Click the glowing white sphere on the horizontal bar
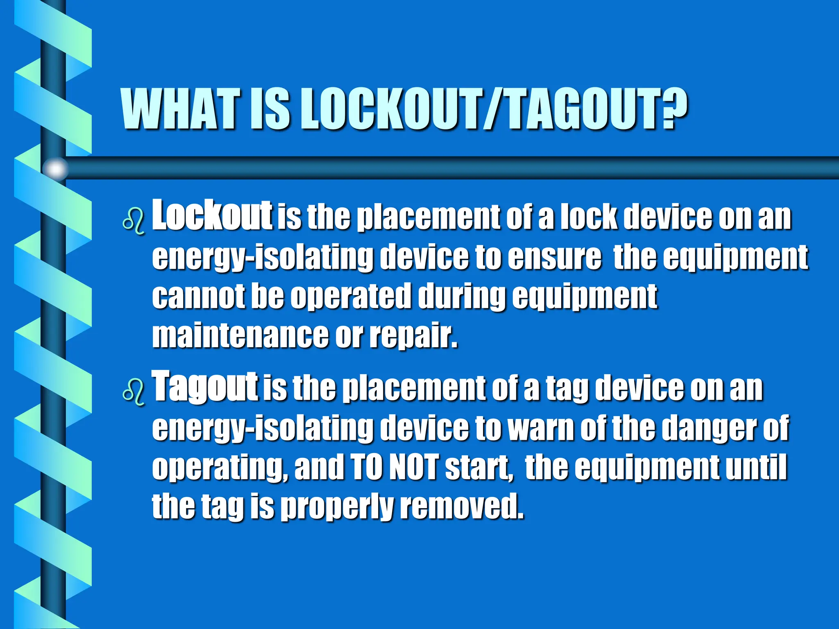(x=56, y=168)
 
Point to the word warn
(x=541, y=428)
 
